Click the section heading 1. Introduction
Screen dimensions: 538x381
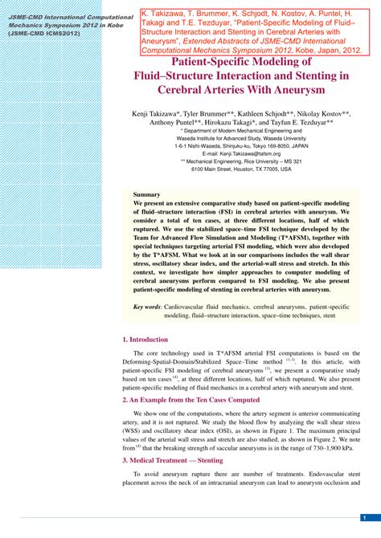tap(145, 340)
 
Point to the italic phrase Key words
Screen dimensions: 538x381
tap(147, 307)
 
